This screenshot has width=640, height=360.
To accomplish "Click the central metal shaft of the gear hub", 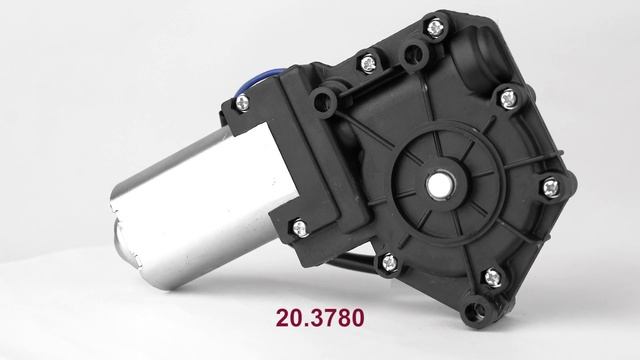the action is [x=440, y=185].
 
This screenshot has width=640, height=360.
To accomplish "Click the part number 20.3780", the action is [x=320, y=318].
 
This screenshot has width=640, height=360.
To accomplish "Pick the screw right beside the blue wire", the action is [x=242, y=102].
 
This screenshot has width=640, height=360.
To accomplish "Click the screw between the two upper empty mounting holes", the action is [x=369, y=64].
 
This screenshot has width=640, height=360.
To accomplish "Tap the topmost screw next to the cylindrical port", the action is [x=435, y=28].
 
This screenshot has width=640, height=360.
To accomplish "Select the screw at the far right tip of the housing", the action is [x=551, y=188].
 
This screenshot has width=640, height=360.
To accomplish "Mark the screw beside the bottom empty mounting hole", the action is [x=493, y=278].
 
